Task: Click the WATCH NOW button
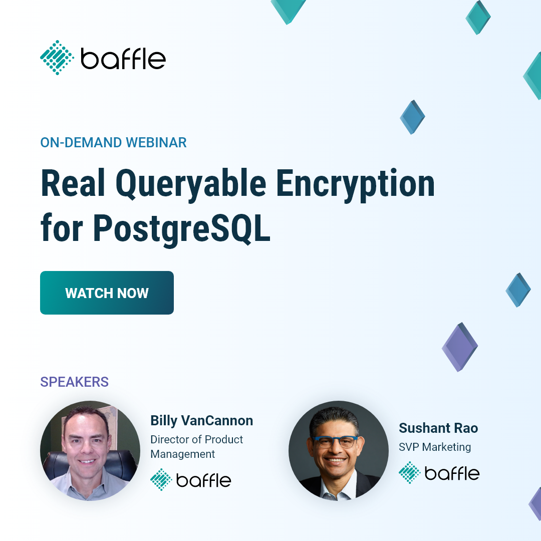coord(107,293)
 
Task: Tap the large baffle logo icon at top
coord(57,58)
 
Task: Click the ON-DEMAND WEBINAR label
coord(113,142)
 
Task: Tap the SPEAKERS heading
coord(74,382)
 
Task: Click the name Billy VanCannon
coord(201,421)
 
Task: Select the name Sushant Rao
coord(438,428)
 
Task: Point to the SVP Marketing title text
coord(434,447)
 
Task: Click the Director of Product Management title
coord(196,447)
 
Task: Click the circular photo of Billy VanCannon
coord(90,451)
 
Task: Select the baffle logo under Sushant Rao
coord(439,473)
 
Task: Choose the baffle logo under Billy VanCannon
coord(190,480)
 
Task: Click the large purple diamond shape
coord(459,347)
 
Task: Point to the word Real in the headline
coord(73,184)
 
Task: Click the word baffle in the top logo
coord(123,59)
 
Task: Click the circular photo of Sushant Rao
coord(339,451)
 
